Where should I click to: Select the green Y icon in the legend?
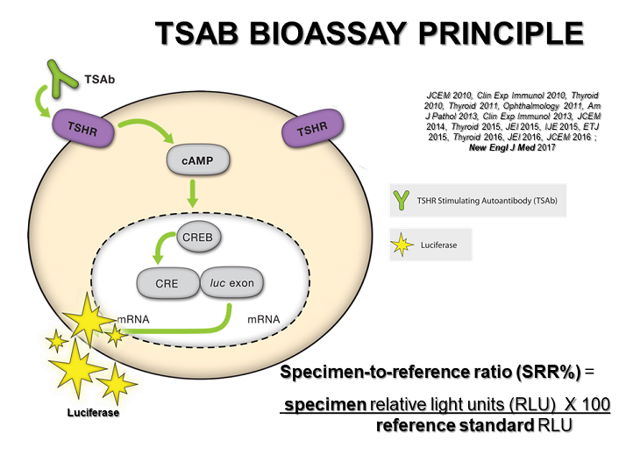(x=402, y=200)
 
